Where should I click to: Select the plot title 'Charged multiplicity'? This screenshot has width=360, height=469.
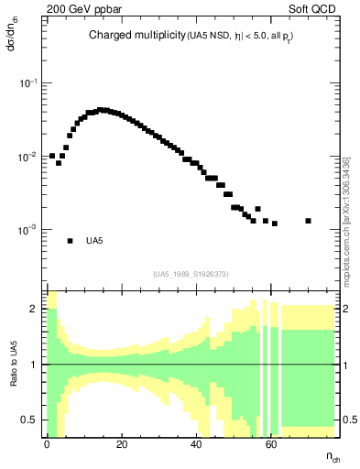(137, 36)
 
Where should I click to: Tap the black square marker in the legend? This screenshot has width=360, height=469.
(70, 241)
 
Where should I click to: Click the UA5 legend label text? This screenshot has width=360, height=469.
(94, 241)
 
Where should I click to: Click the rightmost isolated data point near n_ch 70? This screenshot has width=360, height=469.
(309, 221)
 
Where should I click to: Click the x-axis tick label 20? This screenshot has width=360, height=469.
(121, 444)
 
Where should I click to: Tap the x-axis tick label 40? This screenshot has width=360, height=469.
(196, 444)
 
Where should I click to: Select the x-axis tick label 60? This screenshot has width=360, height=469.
(271, 444)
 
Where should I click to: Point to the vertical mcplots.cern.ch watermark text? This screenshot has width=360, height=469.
(347, 220)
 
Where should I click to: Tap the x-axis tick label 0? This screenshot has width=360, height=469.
(46, 444)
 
